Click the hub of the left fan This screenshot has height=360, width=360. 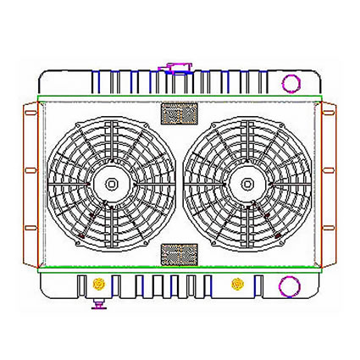click(x=110, y=181)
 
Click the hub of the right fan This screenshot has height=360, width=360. click(x=246, y=181)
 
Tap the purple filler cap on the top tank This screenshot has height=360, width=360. click(x=178, y=67)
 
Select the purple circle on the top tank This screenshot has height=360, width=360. click(x=291, y=83)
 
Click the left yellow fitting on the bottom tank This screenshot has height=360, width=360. click(x=99, y=282)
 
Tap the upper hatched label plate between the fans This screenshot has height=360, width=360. click(x=178, y=114)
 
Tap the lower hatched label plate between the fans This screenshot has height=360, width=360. click(x=178, y=253)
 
